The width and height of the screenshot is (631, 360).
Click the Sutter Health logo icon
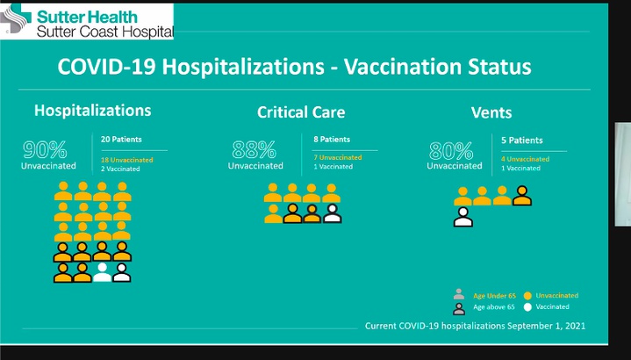16,20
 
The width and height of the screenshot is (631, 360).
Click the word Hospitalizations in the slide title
243,67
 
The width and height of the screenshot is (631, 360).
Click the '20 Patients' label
121,140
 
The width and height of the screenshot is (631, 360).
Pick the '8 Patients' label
332,140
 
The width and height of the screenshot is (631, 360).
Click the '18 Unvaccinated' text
126,160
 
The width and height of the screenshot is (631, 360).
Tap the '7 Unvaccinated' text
338,157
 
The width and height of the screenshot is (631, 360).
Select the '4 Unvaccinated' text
525,159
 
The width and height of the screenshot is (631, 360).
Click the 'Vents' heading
491,112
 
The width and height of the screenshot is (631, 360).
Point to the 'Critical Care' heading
301,112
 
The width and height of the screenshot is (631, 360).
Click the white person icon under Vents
463,217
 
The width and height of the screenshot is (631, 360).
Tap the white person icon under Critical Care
332,213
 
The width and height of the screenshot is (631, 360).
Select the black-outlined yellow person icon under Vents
522,196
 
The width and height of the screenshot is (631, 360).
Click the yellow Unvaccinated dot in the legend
527,296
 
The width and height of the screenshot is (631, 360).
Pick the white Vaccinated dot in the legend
527,307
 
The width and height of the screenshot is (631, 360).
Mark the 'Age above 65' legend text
494,307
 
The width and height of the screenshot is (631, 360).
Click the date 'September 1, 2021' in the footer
546,326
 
